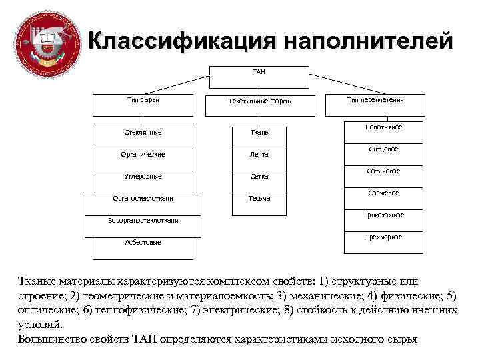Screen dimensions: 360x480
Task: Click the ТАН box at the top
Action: [259, 76]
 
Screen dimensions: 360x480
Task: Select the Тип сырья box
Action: [143, 104]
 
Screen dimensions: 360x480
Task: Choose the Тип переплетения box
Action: [375, 104]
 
